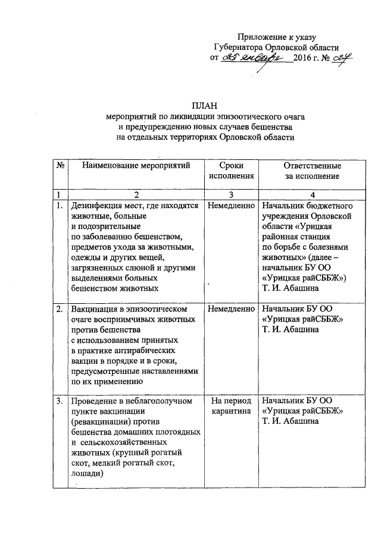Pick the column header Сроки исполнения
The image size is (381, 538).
coord(232,171)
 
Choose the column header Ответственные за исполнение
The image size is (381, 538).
coord(311,171)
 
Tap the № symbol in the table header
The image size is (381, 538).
coord(60,165)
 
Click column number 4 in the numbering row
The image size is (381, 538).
coord(312,195)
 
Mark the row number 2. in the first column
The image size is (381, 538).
coord(60,310)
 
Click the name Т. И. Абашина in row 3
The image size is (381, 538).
coord(290,421)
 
